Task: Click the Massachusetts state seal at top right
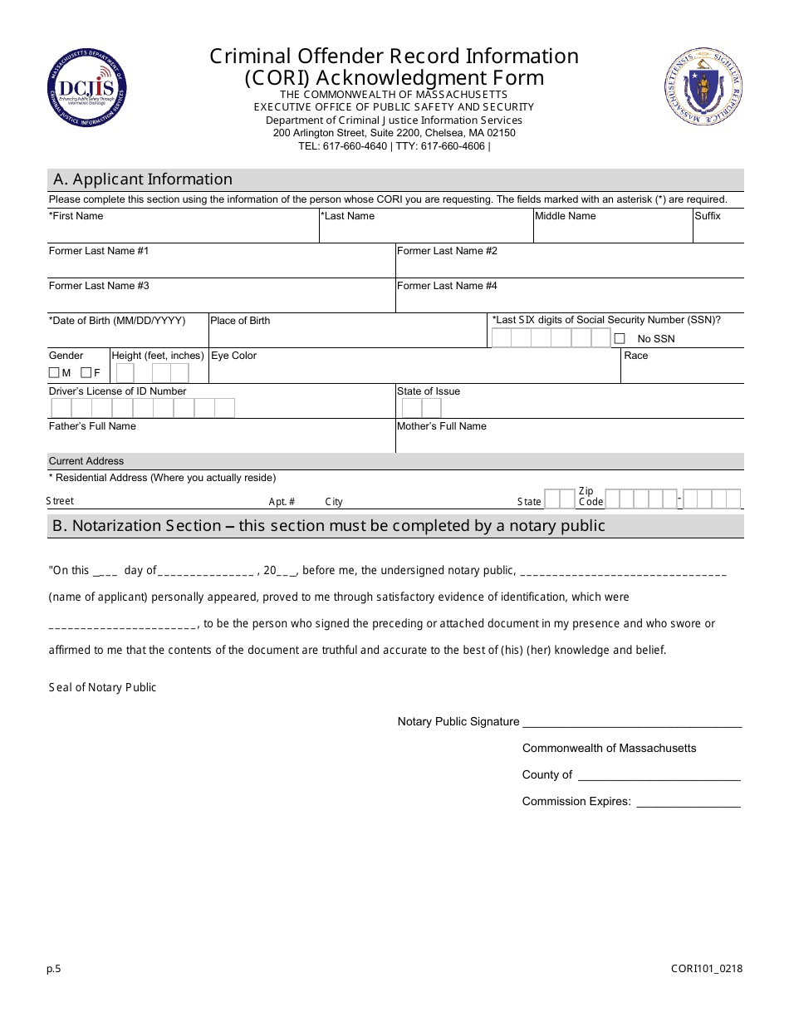tap(703, 86)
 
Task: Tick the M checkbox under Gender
tap(54, 373)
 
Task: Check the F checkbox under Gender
tap(86, 373)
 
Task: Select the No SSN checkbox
tap(620, 338)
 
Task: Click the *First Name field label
tap(76, 216)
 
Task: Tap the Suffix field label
tap(708, 216)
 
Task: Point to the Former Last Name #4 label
tap(447, 286)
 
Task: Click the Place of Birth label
tap(240, 321)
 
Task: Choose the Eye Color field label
tap(234, 356)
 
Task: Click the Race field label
tap(636, 356)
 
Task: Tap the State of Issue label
tap(429, 391)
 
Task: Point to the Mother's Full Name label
tap(442, 426)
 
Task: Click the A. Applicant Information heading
tap(143, 179)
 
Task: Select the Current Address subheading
tap(86, 461)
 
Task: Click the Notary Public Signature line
tap(631, 723)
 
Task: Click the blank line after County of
tap(659, 776)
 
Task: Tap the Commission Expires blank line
tap(688, 803)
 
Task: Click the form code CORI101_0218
tap(707, 969)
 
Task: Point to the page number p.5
tap(54, 969)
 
